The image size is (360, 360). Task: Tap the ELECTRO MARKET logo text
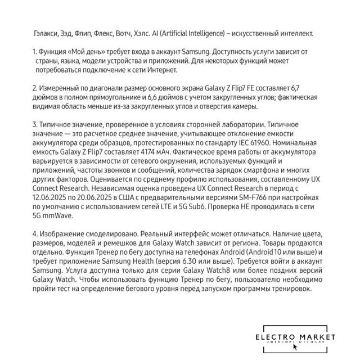(295, 336)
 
